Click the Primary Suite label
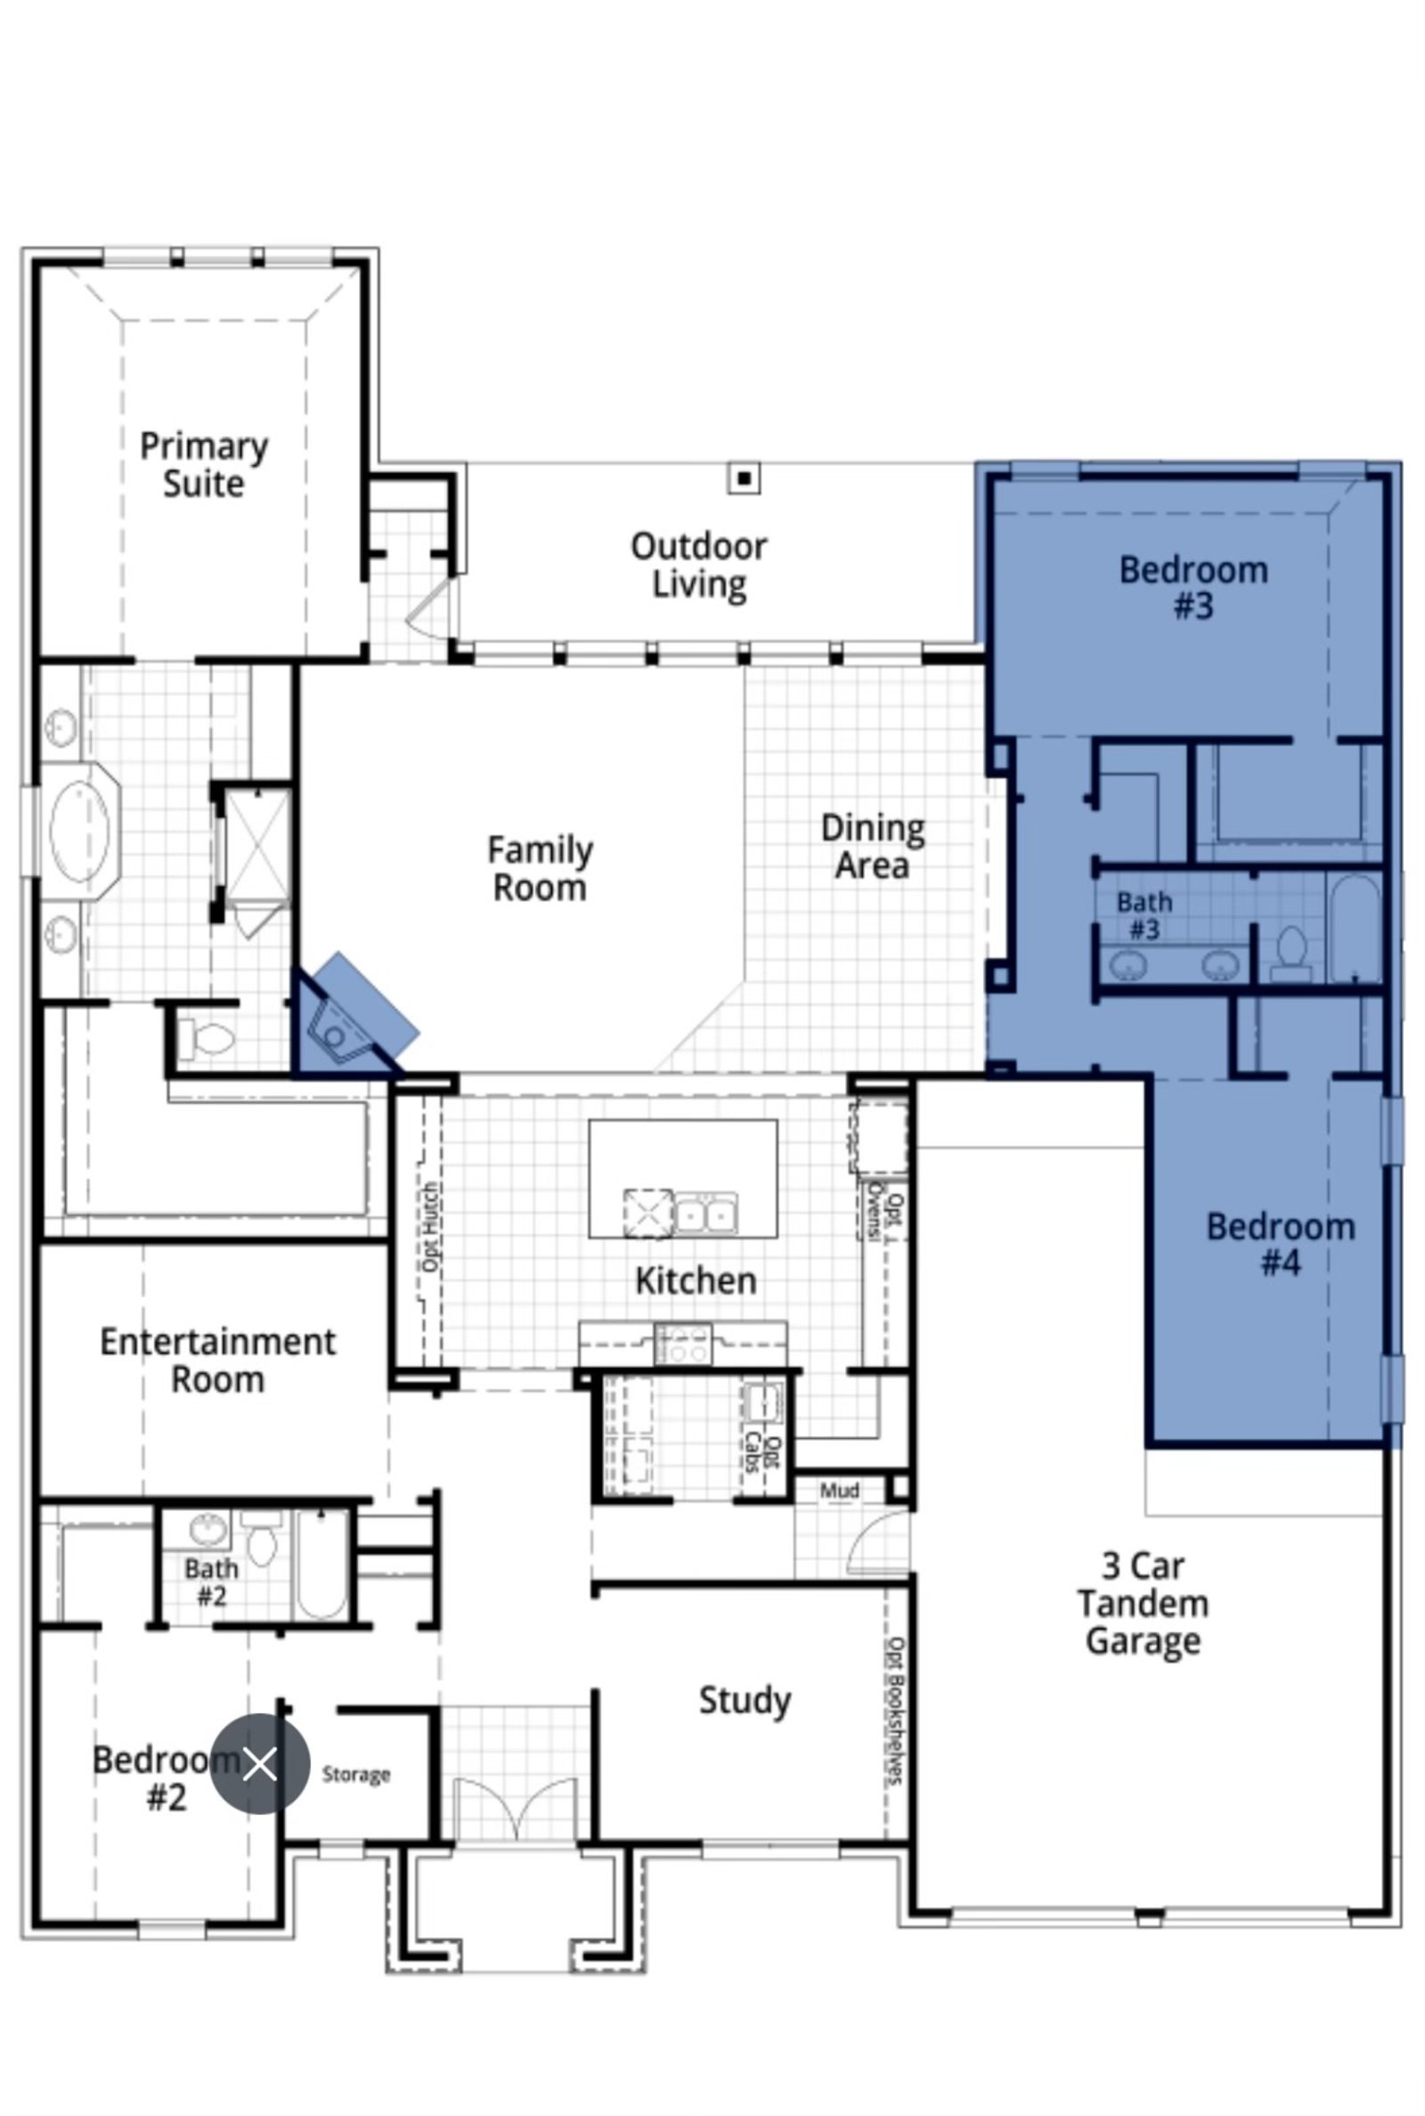coord(204,464)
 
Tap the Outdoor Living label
coord(699,565)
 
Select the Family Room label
coord(540,869)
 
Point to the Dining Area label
coord(873,846)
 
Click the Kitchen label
coord(696,1280)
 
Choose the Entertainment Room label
coord(218,1360)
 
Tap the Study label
coord(745,1701)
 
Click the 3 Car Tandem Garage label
coord(1144,1604)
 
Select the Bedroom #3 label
coord(1193,587)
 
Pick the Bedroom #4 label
coord(1281,1245)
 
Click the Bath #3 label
coord(1144,915)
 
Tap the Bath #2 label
coord(212,1581)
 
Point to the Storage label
coord(356,1774)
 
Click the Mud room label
coord(840,1491)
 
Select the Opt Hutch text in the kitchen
coord(431,1226)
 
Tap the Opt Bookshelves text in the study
coord(896,1711)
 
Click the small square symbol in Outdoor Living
coord(745,478)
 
